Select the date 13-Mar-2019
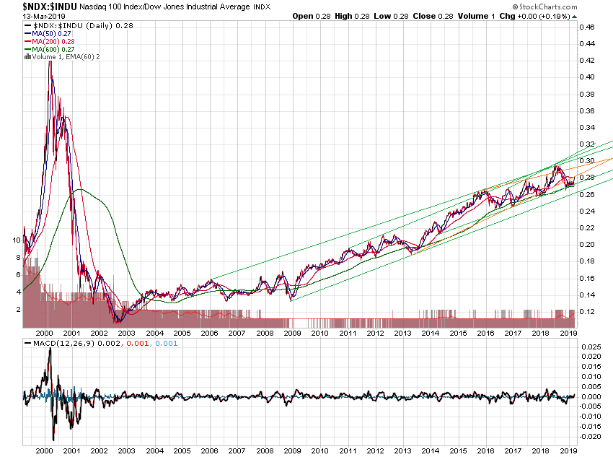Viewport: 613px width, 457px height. click(x=24, y=16)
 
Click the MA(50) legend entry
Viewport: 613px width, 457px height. click(x=45, y=34)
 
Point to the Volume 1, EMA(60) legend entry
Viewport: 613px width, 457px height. click(x=61, y=56)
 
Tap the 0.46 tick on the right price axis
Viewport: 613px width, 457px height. click(x=587, y=27)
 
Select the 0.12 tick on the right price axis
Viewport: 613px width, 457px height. click(x=587, y=311)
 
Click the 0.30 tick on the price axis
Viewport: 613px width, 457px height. click(x=587, y=160)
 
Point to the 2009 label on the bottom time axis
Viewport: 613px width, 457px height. click(x=292, y=333)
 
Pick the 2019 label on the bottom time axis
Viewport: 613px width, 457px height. click(x=570, y=333)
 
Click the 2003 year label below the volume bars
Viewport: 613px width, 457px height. click(x=126, y=333)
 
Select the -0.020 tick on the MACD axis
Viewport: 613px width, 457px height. click(x=590, y=436)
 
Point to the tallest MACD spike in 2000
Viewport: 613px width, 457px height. click(x=49, y=350)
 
